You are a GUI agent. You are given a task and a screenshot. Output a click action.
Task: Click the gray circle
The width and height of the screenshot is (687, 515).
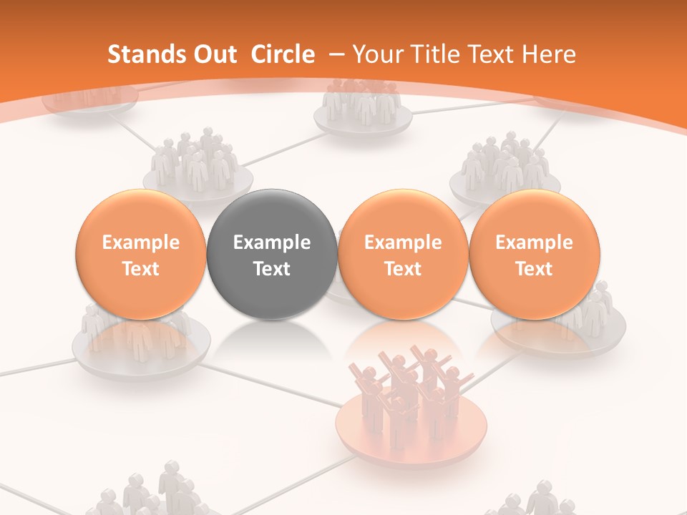click(272, 255)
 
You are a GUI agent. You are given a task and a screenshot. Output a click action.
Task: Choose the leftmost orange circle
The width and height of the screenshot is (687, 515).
click(141, 255)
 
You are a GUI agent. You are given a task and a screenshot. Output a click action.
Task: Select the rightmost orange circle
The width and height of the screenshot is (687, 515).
click(535, 255)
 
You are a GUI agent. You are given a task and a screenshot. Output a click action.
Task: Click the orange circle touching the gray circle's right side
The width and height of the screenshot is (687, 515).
click(403, 255)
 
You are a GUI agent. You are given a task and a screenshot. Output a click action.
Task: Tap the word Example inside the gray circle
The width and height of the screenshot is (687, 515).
click(272, 242)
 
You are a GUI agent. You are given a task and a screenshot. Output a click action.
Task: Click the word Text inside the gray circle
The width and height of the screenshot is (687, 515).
click(272, 269)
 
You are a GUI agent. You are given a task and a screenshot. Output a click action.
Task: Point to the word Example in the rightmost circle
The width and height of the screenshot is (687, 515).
click(535, 242)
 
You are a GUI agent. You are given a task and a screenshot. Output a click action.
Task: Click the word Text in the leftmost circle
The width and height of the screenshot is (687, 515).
click(141, 269)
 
